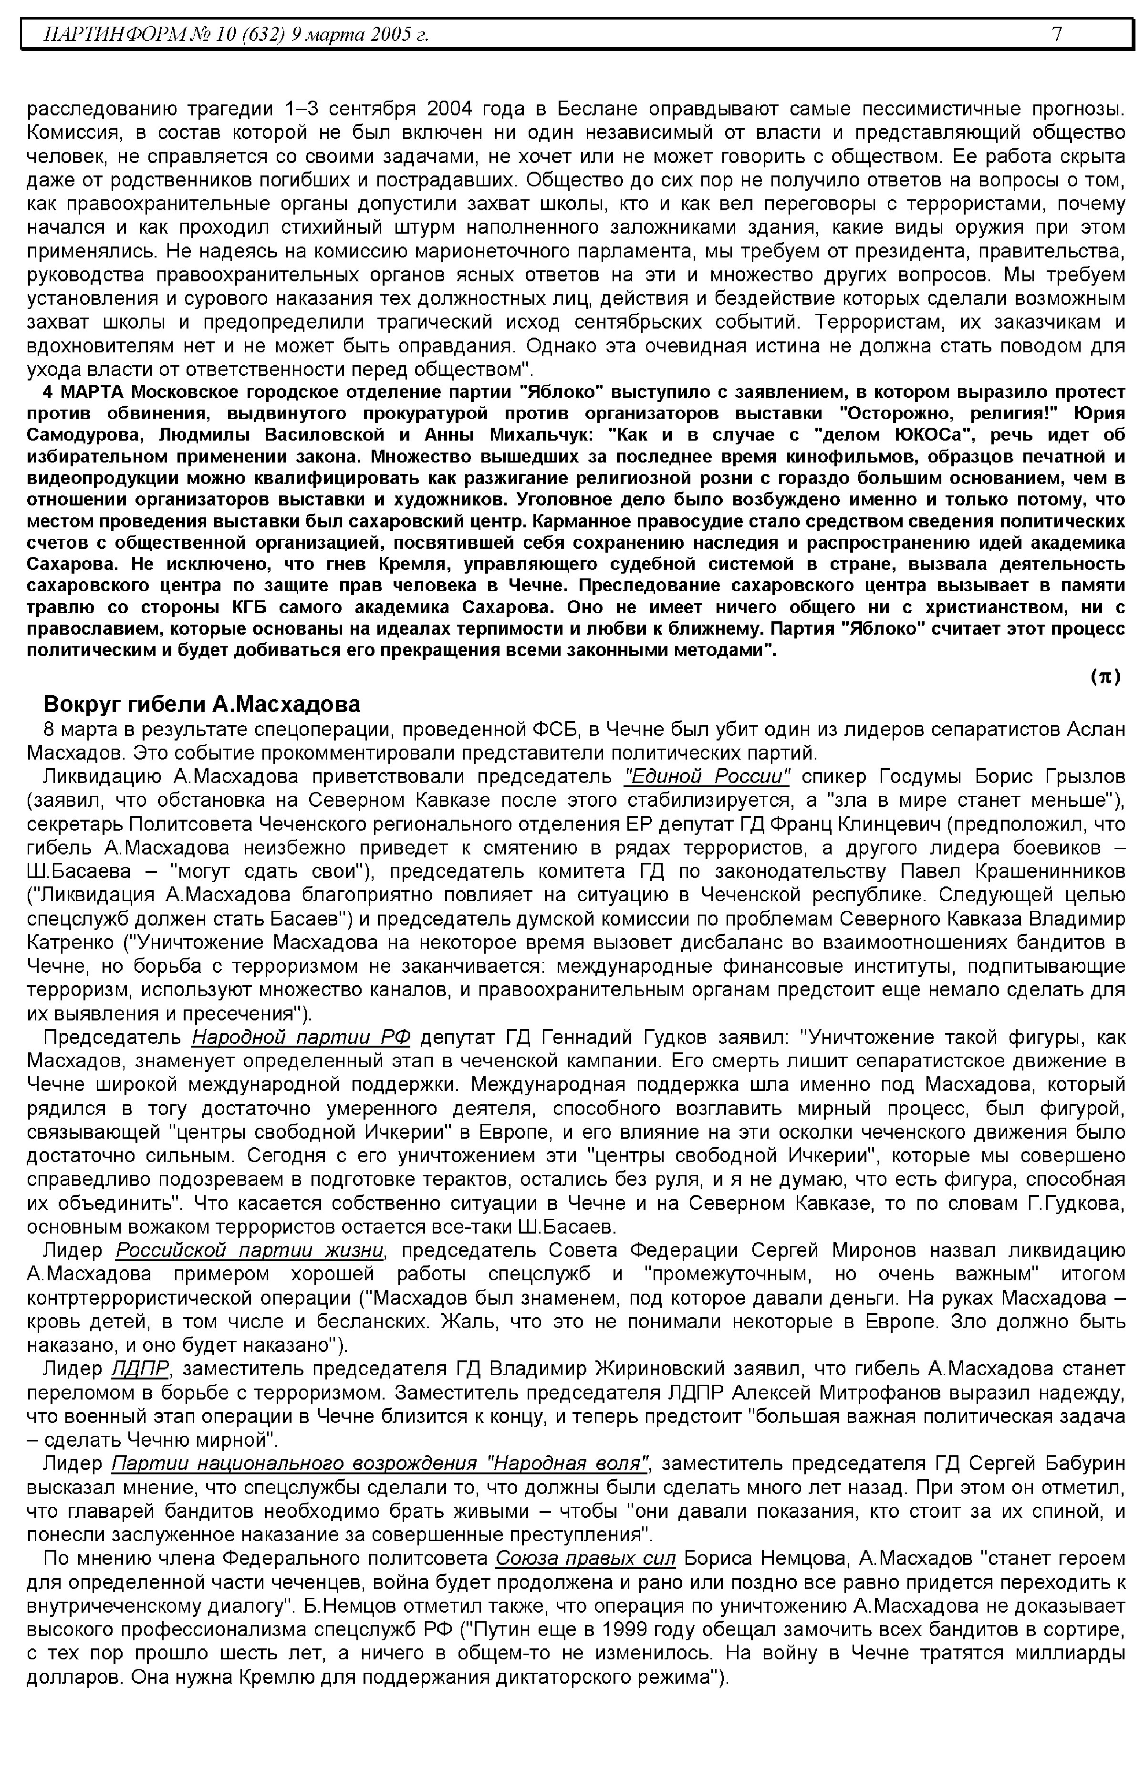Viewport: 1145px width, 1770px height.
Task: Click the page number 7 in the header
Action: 1057,34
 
